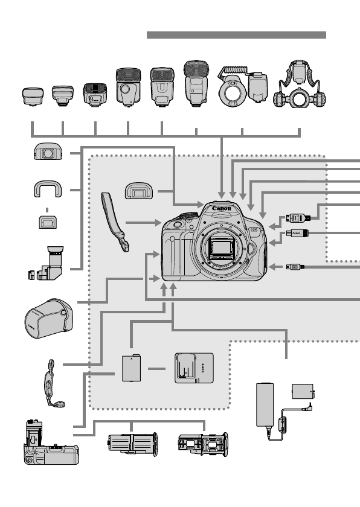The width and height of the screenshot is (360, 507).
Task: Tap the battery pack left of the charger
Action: click(x=132, y=369)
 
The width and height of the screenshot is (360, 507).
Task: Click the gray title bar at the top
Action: click(x=236, y=35)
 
